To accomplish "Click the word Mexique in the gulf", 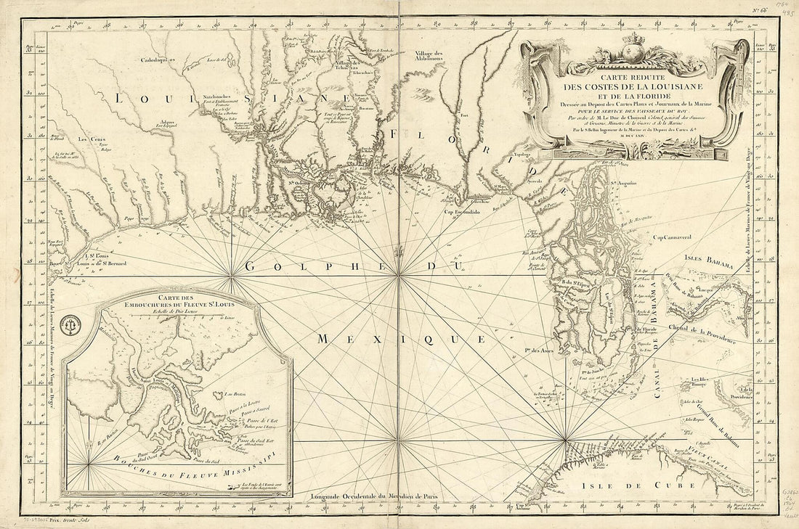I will coord(401,338).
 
